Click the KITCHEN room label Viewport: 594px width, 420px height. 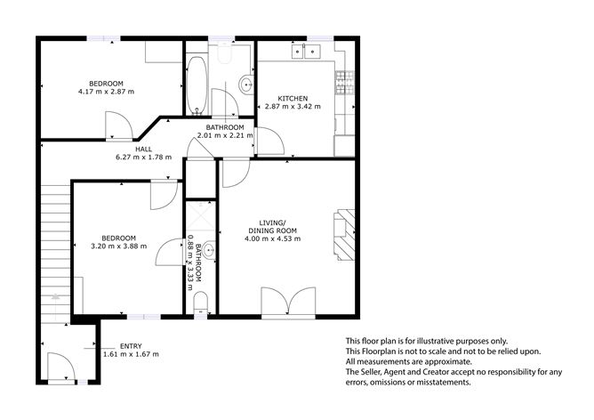click(x=293, y=98)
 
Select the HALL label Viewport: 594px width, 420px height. click(x=142, y=149)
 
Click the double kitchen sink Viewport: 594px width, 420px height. click(x=311, y=52)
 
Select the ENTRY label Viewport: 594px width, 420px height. click(x=131, y=346)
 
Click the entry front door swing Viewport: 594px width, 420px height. click(x=60, y=367)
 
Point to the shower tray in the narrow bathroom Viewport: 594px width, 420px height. click(x=196, y=215)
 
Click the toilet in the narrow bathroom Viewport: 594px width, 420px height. click(x=201, y=302)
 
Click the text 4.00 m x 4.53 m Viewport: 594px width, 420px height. click(x=275, y=238)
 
